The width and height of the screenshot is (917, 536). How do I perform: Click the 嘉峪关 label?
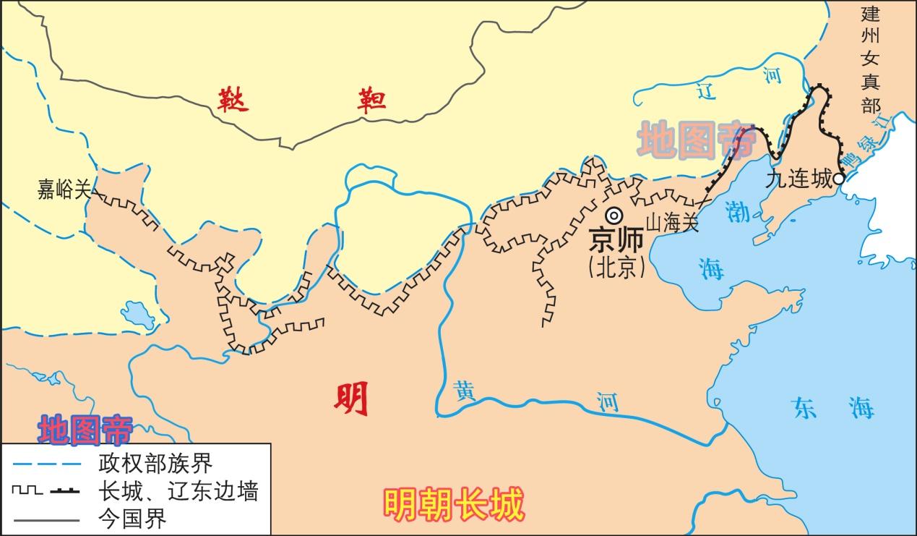pos(64,190)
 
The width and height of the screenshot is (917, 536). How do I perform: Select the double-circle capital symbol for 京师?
pos(614,215)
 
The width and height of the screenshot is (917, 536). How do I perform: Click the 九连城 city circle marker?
pos(838,178)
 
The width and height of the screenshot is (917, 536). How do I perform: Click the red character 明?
pos(352,399)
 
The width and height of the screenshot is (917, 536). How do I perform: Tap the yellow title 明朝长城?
pos(453,505)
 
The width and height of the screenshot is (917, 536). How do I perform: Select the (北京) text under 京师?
pos(616,267)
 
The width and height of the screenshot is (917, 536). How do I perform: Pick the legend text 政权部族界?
pos(155,461)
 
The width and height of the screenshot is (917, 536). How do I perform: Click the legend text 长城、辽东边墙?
pos(178,491)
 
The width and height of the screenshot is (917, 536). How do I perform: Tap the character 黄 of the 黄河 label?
pos(464,390)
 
